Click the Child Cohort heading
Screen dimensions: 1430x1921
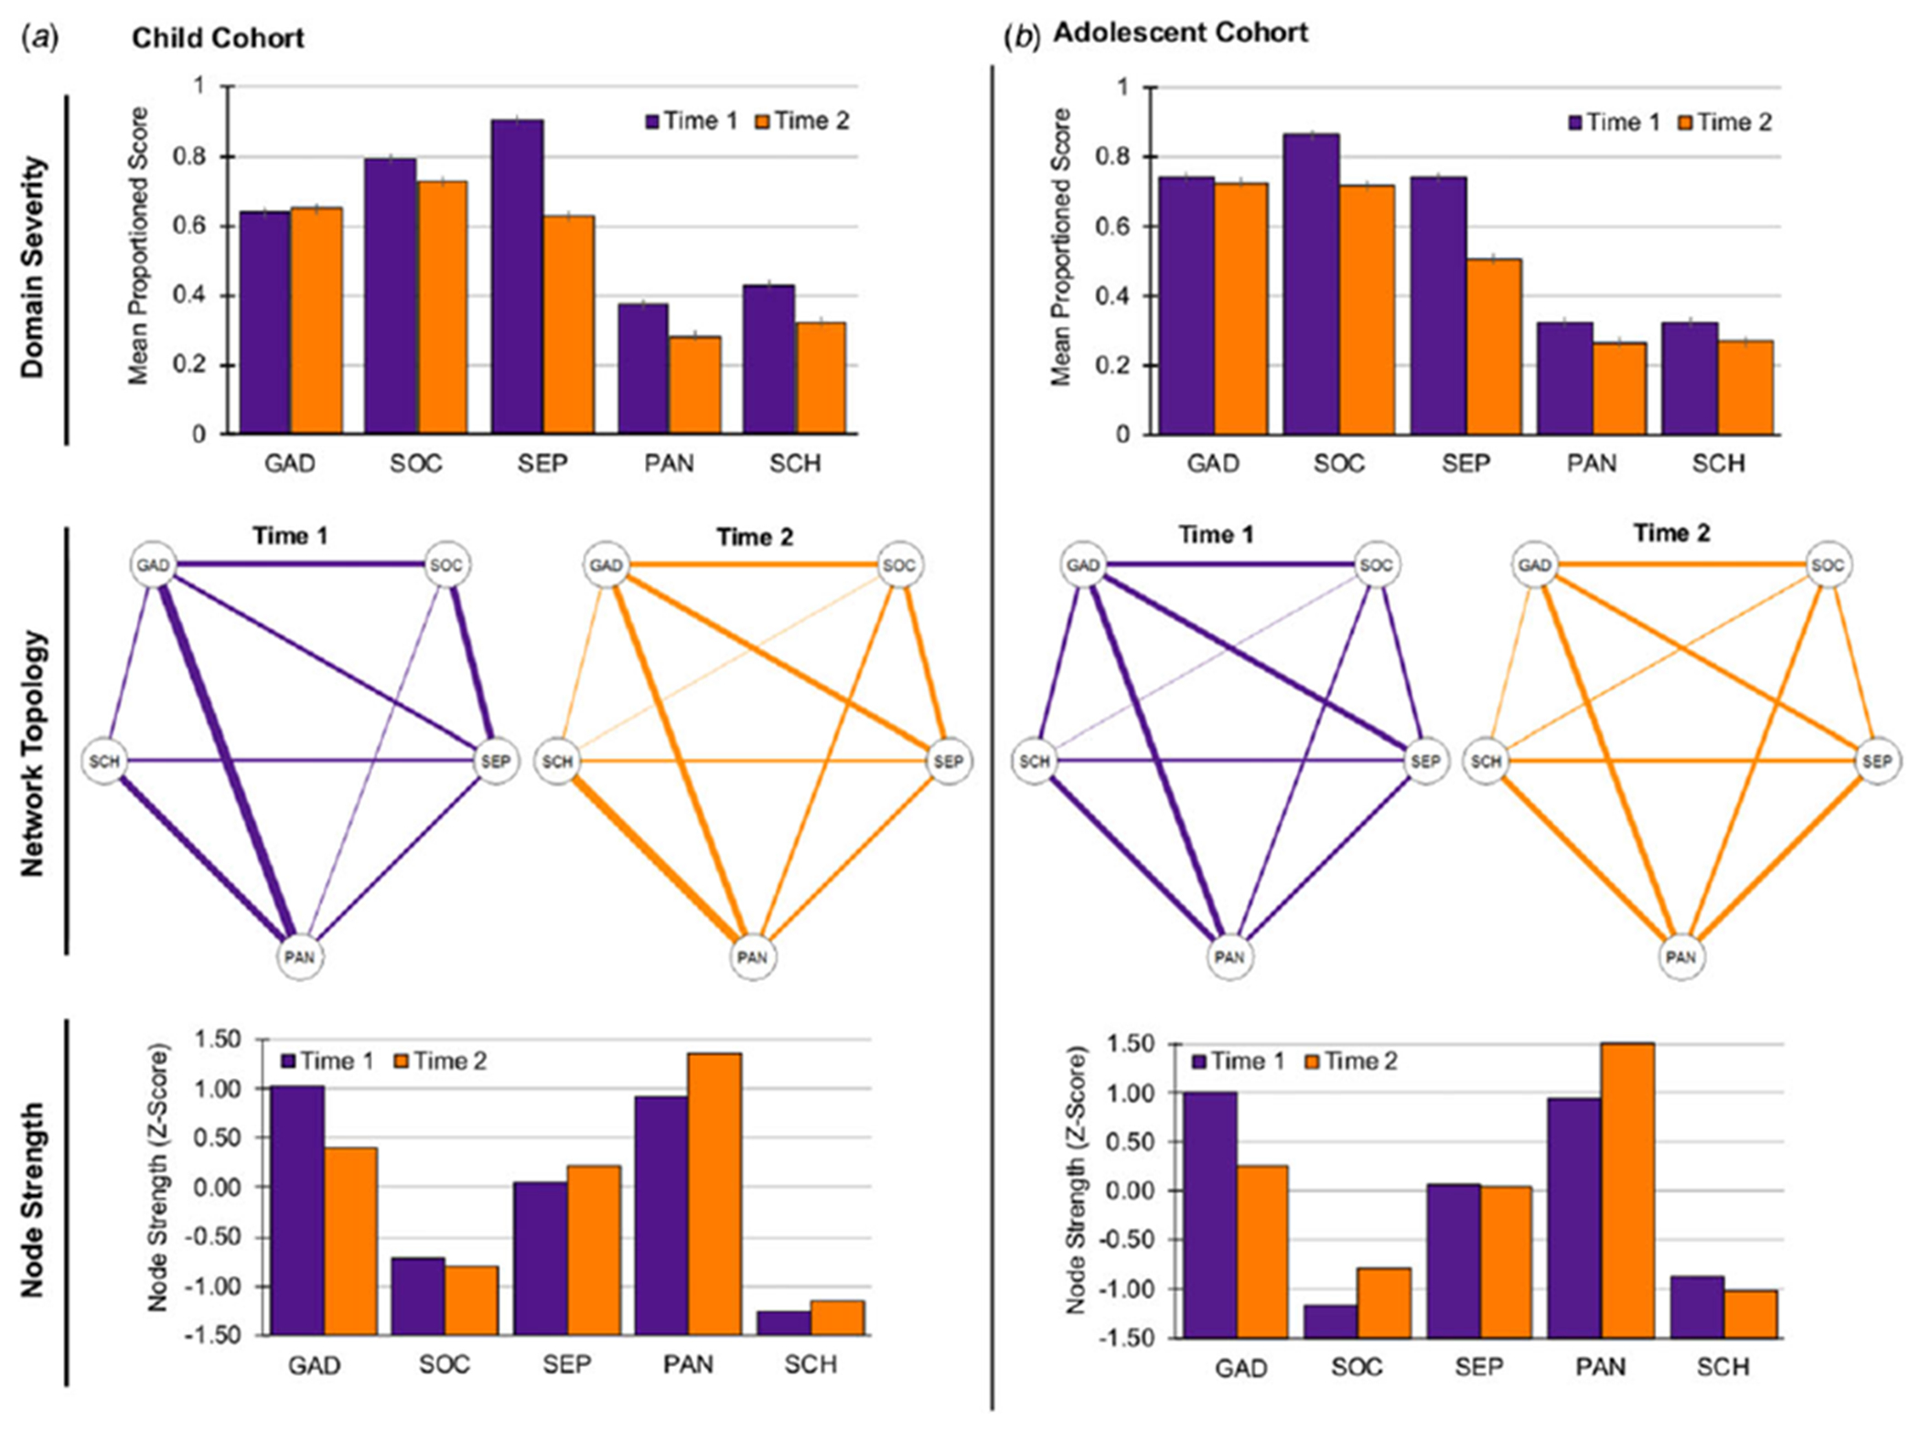[x=218, y=38]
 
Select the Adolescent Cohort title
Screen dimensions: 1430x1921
[x=1180, y=33]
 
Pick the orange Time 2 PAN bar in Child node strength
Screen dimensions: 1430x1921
[x=714, y=1193]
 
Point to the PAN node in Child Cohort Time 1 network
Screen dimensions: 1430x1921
[x=299, y=957]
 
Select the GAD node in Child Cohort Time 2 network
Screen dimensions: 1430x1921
[x=606, y=565]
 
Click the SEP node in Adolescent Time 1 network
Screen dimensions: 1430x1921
[x=1424, y=761]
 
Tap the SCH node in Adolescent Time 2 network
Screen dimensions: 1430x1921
[x=1486, y=761]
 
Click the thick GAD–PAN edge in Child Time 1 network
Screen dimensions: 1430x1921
[x=226, y=759]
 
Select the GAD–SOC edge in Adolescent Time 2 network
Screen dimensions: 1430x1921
[x=1680, y=565]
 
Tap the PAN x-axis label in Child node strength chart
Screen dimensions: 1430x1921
[x=688, y=1364]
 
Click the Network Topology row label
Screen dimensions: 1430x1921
[x=33, y=753]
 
